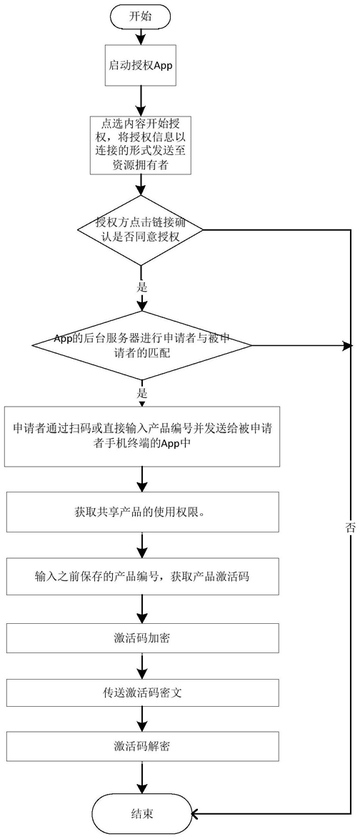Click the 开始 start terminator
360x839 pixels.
[x=141, y=16]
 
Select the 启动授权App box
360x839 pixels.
[x=140, y=64]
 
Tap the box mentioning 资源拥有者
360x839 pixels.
[x=140, y=144]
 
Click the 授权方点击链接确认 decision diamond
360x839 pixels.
[x=141, y=231]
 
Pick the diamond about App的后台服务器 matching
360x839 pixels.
[x=141, y=346]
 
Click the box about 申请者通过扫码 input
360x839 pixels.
[x=142, y=436]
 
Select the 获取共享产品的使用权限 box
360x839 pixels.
[x=142, y=513]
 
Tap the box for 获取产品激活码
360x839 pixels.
[x=142, y=576]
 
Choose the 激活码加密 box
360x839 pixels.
[x=142, y=637]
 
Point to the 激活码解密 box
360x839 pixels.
[x=142, y=746]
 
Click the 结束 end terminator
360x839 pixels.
[x=142, y=814]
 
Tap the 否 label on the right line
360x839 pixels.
[x=351, y=526]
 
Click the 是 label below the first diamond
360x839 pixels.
[x=141, y=287]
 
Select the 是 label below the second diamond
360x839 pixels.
[x=141, y=393]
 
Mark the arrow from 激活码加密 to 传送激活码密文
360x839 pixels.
[x=142, y=665]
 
